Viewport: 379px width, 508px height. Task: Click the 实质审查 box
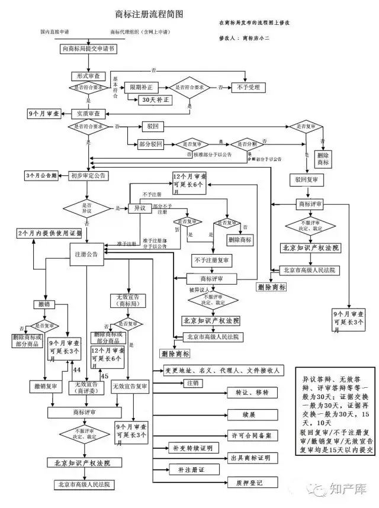click(88, 112)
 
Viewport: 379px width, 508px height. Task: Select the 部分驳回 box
click(150, 144)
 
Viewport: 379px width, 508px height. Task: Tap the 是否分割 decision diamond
click(244, 144)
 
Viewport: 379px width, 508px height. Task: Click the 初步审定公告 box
click(88, 175)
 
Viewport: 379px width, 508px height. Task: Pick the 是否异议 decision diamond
click(88, 208)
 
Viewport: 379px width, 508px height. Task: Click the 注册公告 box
click(85, 253)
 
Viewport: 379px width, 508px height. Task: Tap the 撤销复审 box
click(45, 387)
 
